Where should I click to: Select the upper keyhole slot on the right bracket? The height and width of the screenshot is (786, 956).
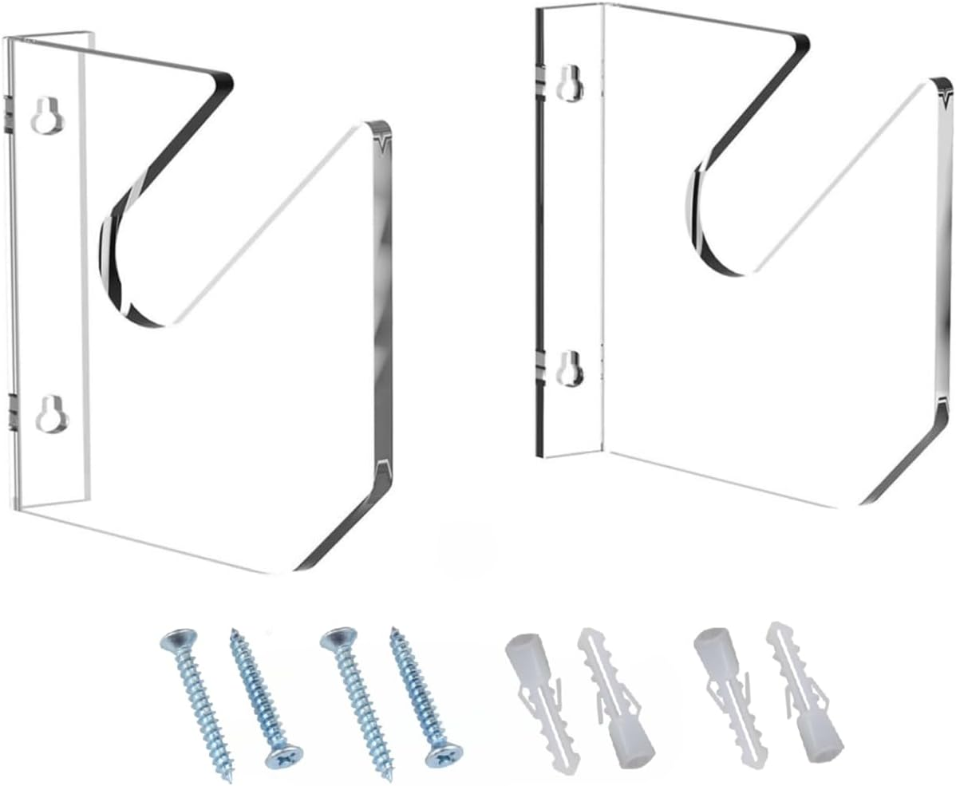(x=568, y=82)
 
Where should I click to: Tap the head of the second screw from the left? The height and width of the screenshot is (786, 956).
(x=283, y=756)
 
